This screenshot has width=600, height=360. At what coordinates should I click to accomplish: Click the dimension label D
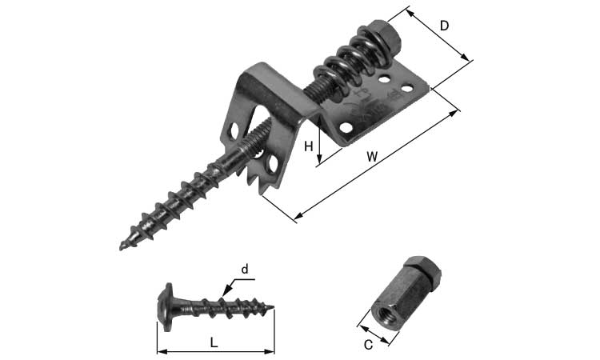point(444,26)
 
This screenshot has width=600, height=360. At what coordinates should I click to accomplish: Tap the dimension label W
point(372,157)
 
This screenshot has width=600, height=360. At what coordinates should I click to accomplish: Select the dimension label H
point(309,146)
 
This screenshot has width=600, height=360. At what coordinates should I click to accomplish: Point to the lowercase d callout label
point(245,270)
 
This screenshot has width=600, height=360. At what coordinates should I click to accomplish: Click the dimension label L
point(214,342)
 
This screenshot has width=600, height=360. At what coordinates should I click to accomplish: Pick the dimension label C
point(368,345)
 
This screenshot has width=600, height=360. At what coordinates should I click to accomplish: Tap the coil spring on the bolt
point(349,64)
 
